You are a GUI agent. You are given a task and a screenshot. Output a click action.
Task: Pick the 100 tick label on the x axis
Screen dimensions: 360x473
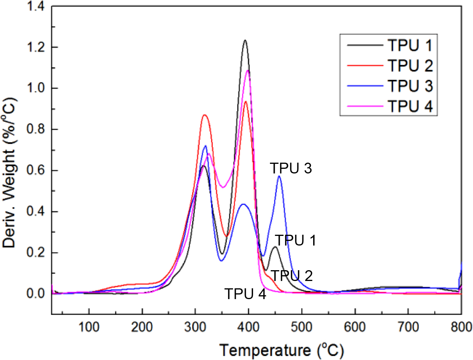(89, 321)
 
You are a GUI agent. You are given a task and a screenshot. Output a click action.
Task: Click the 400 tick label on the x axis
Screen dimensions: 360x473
(248, 321)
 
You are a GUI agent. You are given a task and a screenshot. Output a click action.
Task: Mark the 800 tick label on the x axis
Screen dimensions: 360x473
(461, 321)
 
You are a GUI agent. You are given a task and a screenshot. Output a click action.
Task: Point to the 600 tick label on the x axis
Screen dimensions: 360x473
(355, 321)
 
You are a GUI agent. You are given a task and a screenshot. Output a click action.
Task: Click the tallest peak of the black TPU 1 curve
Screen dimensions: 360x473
(245, 40)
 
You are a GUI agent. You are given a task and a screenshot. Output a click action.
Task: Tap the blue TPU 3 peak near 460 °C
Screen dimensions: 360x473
(279, 176)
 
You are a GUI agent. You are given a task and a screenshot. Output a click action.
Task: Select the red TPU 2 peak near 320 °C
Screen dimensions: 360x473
(205, 115)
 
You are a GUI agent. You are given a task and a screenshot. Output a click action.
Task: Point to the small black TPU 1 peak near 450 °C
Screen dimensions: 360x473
(275, 247)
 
